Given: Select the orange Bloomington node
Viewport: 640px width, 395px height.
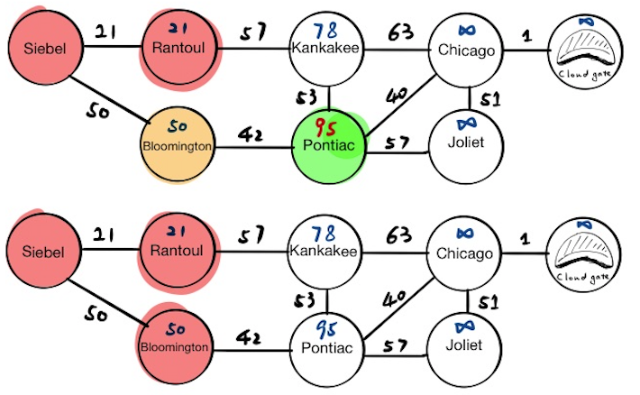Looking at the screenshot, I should pyautogui.click(x=176, y=142).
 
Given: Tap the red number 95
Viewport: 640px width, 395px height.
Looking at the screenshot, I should pyautogui.click(x=326, y=125).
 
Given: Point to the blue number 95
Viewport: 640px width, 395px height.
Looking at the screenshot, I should pyautogui.click(x=326, y=327).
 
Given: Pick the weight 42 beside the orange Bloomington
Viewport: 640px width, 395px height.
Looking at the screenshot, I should pyautogui.click(x=250, y=135).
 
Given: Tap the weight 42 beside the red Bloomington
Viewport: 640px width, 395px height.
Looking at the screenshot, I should pyautogui.click(x=250, y=337).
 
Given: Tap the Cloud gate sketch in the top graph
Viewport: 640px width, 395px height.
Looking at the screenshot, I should pyautogui.click(x=587, y=48).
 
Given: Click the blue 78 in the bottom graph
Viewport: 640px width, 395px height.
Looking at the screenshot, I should pyautogui.click(x=325, y=234).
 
